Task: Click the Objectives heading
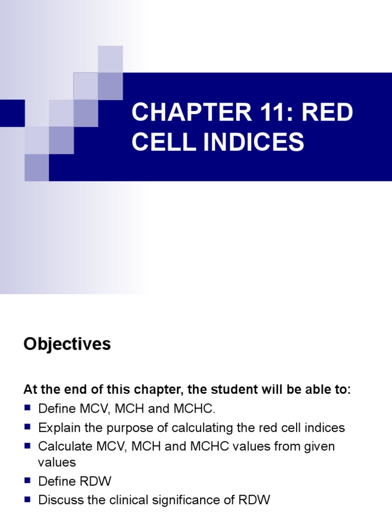click(x=67, y=345)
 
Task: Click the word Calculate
click(x=64, y=446)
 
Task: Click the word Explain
click(x=57, y=427)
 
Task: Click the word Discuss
click(x=60, y=501)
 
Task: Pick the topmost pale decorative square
click(x=110, y=58)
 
